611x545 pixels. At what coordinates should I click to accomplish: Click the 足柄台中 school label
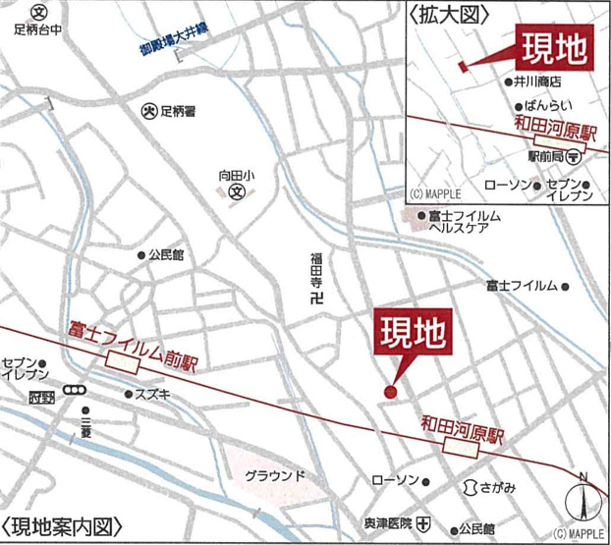[x=37, y=29]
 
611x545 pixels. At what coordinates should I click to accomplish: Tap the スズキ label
[x=156, y=394]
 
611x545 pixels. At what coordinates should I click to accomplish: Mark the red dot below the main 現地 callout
[x=390, y=394]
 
